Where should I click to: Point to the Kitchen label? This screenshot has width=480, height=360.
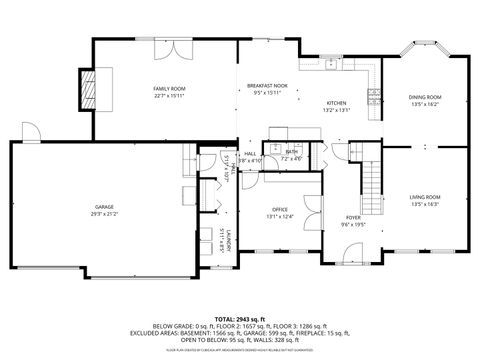pos(336,103)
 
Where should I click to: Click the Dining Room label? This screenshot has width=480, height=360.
pos(424,97)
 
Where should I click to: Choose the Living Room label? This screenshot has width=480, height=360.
pos(424,197)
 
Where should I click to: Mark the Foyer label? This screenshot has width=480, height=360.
pos(353,218)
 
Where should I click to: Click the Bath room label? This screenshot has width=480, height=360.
pos(290,152)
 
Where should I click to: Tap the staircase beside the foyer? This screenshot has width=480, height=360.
pos(373,180)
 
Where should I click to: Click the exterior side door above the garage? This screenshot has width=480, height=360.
pos(31,134)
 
